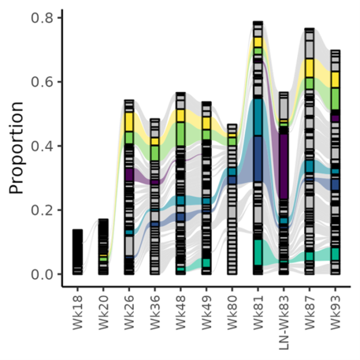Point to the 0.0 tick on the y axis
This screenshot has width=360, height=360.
43,274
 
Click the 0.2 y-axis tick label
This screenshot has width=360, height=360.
43,210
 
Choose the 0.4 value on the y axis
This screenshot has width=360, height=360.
43,146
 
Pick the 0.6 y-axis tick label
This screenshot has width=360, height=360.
43,82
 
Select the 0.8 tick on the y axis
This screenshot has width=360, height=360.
43,17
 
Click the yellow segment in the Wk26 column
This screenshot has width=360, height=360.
129,121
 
